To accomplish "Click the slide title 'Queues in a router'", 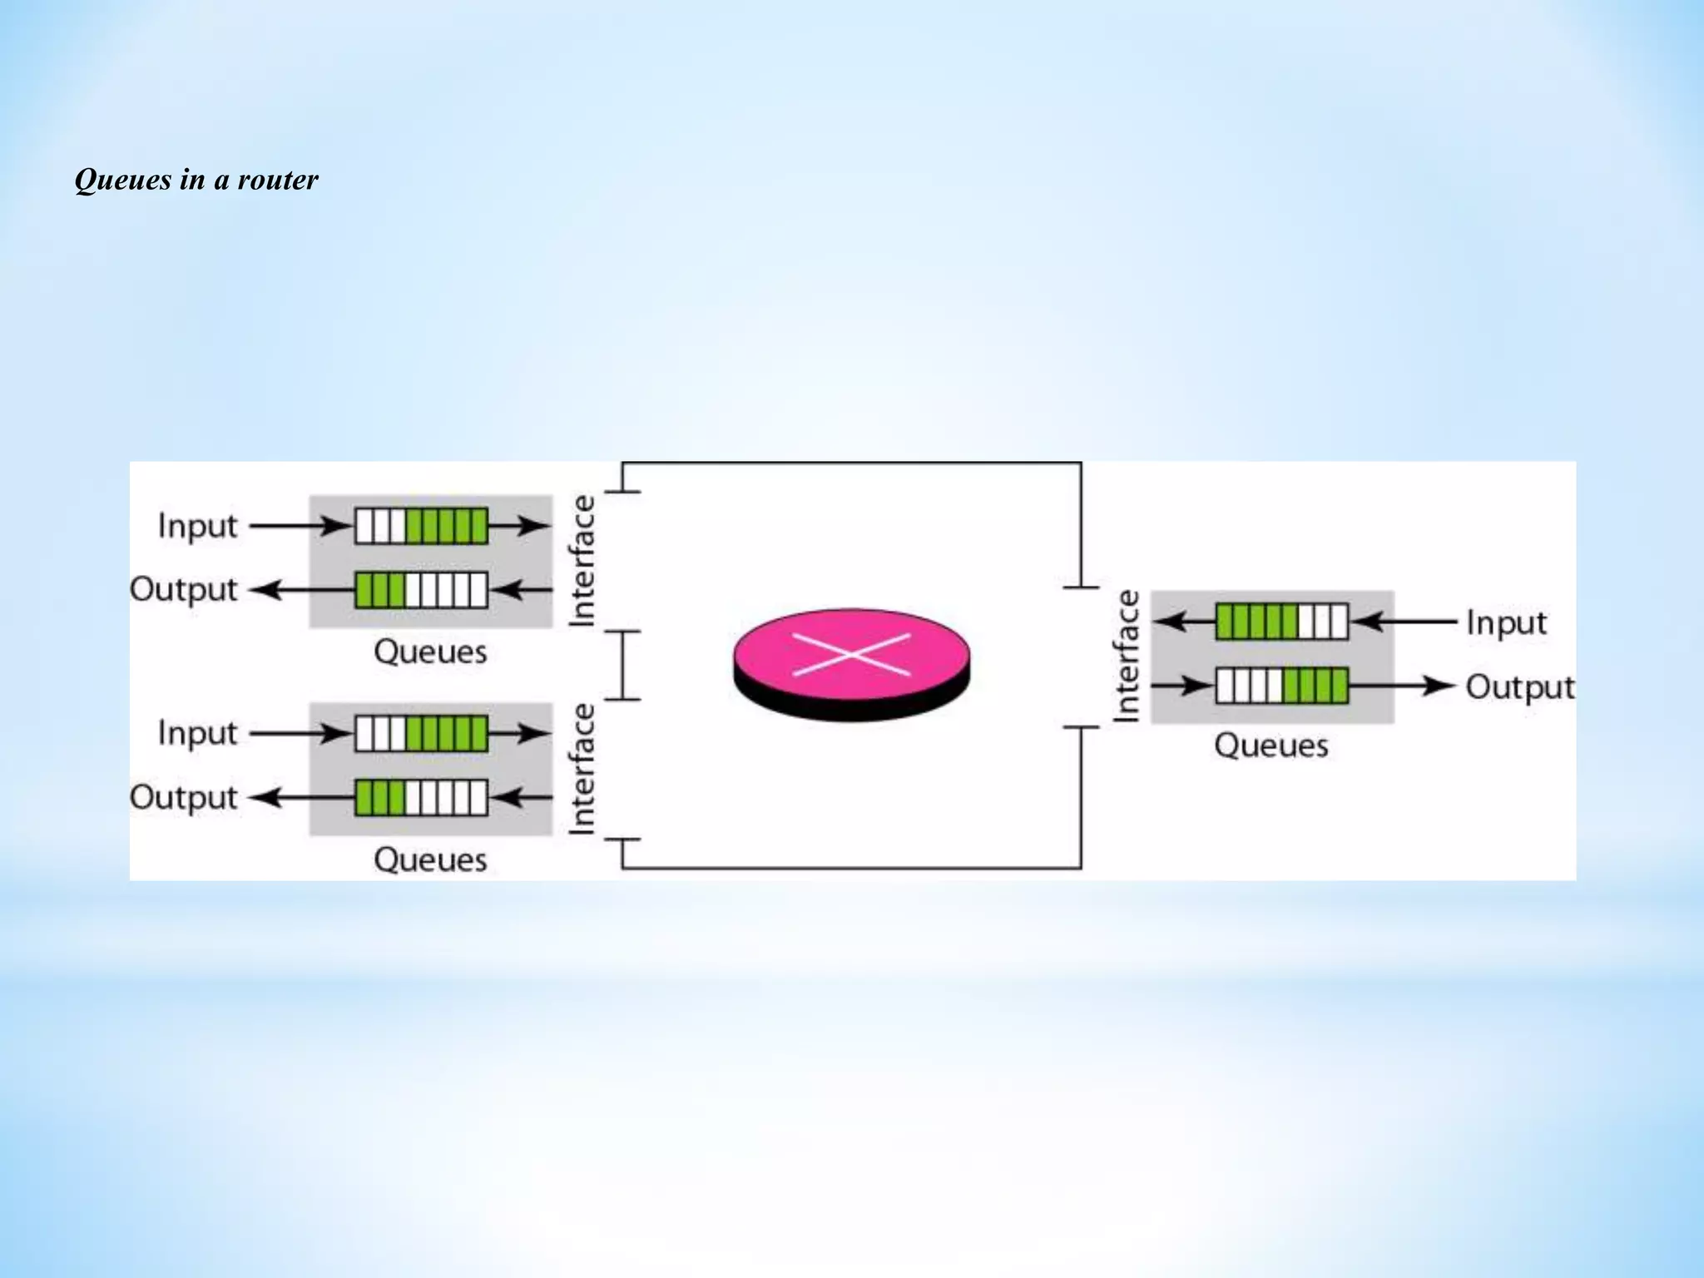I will pos(196,180).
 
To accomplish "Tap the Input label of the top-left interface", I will pos(198,526).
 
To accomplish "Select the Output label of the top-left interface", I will pos(184,589).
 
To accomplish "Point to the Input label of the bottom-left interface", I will pos(198,733).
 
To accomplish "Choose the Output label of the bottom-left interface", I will pos(184,797).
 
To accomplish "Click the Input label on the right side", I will pos(1506,622).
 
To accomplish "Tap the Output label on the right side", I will pos(1519,687).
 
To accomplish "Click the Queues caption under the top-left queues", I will pos(430,651).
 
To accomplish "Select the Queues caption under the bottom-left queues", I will pos(430,859).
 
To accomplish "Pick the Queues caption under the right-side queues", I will pos(1271,745).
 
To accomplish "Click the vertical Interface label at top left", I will pos(582,561).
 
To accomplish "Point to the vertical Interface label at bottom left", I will pos(582,769).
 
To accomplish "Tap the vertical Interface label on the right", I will pos(1127,656).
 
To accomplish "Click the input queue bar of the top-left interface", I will pos(421,526).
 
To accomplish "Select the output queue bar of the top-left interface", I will pos(421,590).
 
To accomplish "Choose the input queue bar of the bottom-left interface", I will pos(421,734).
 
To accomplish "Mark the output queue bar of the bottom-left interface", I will pos(421,798).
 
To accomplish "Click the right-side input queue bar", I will pos(1281,622).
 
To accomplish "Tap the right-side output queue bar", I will pos(1281,686).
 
